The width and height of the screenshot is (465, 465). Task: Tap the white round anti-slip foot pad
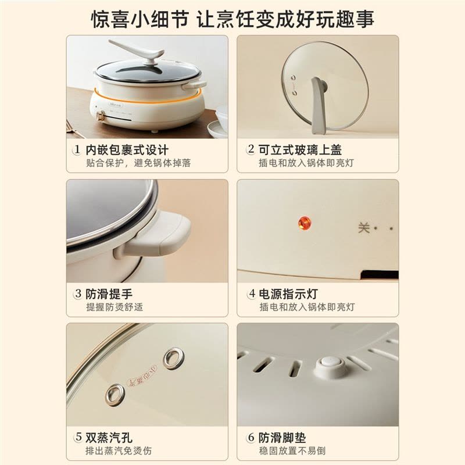(x=330, y=367)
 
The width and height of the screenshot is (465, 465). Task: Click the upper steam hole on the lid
(x=173, y=358)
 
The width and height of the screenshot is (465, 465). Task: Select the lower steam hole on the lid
(x=115, y=395)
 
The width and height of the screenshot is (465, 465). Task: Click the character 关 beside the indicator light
(x=364, y=228)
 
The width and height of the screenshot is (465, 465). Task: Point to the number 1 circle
(x=77, y=149)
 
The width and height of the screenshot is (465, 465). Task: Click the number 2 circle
(x=251, y=149)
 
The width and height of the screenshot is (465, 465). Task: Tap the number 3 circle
(x=78, y=294)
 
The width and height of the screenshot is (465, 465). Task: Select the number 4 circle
(x=252, y=294)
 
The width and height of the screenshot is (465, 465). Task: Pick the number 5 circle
(x=78, y=437)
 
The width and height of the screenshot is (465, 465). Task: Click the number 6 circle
(x=251, y=437)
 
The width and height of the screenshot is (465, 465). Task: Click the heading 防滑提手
(x=109, y=294)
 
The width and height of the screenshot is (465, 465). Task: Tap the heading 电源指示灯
(x=288, y=294)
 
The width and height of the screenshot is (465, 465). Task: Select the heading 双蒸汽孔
(x=109, y=438)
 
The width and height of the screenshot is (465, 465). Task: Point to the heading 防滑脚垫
(x=282, y=438)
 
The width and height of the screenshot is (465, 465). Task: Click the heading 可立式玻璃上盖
(x=300, y=150)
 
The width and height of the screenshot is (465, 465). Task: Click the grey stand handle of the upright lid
(x=319, y=105)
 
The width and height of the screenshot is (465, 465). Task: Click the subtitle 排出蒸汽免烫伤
(x=119, y=451)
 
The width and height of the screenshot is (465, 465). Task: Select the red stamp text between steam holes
(x=142, y=375)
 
